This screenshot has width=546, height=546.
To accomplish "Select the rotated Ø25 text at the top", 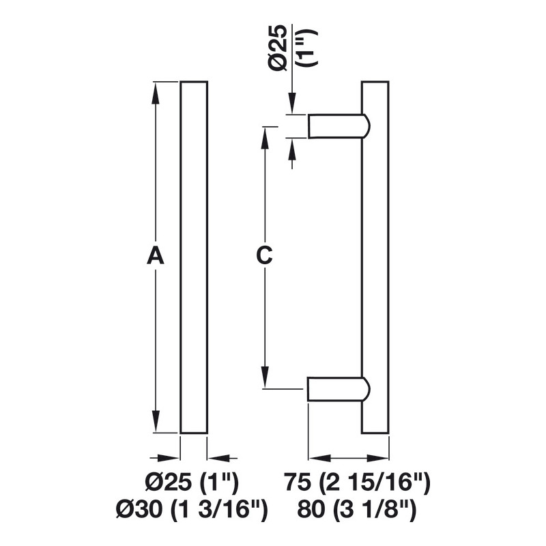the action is (278, 48).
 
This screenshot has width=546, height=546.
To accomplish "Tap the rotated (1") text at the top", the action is (306, 48).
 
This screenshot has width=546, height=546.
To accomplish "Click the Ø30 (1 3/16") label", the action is (192, 510).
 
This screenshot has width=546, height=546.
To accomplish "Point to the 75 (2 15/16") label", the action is (357, 483).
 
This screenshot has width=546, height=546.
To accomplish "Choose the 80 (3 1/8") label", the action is (357, 510).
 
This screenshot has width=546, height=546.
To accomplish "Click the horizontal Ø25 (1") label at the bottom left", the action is (192, 483).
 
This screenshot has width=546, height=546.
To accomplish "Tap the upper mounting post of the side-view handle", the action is (338, 126).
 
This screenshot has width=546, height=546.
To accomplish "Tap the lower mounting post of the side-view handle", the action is (338, 388).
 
